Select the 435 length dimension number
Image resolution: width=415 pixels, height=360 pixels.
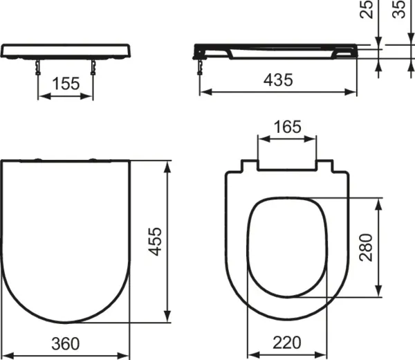(x=278, y=80)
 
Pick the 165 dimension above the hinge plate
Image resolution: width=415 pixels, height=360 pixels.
(x=288, y=127)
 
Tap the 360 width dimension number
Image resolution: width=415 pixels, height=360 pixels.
(x=65, y=344)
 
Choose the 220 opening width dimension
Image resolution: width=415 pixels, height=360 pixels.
(x=288, y=344)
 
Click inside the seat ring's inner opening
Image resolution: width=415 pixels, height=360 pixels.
(x=287, y=246)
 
